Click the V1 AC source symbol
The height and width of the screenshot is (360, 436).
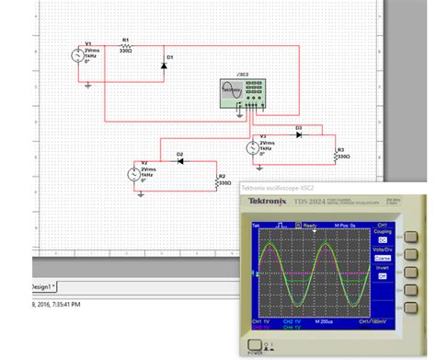click(x=78, y=57)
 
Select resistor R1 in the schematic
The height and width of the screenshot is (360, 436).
click(x=126, y=47)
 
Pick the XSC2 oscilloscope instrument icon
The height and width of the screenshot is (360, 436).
click(x=243, y=90)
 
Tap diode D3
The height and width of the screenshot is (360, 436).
click(x=298, y=134)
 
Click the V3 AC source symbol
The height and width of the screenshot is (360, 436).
click(x=253, y=147)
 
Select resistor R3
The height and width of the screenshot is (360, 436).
click(x=338, y=154)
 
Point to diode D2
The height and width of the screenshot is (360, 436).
click(x=180, y=161)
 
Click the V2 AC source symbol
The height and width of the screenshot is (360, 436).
click(x=134, y=173)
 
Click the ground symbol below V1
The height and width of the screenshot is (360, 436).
click(x=87, y=84)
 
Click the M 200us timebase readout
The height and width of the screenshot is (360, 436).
click(x=324, y=321)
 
